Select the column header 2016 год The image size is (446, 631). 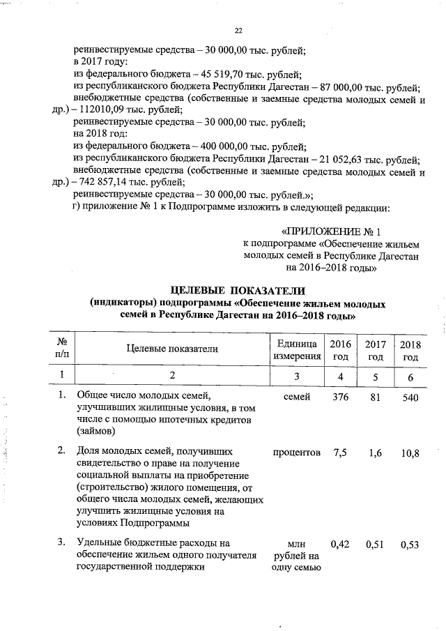click(340, 350)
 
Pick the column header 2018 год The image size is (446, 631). click(410, 350)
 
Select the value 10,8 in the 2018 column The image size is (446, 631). click(410, 453)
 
